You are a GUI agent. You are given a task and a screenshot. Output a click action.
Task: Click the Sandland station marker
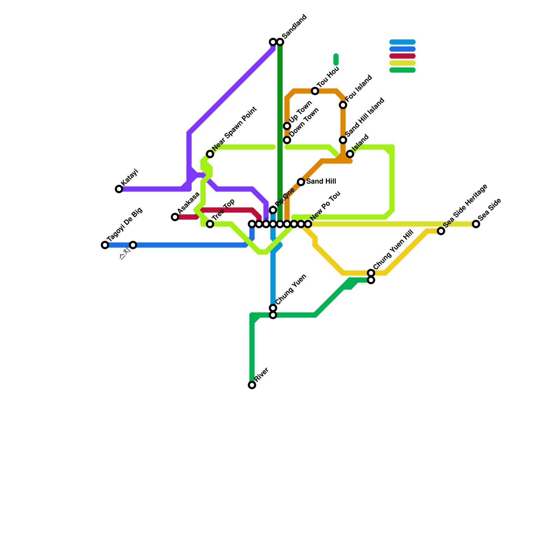point(280,42)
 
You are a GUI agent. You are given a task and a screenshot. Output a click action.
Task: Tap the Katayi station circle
point(119,189)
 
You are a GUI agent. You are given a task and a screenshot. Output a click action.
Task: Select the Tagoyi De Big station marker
point(105,245)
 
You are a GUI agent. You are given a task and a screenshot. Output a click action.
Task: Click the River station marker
point(252,385)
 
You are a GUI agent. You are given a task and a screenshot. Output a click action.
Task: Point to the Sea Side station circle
point(476,224)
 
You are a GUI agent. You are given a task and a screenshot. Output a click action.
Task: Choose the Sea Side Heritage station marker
point(441,231)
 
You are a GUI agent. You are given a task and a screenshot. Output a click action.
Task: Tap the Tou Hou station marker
point(315,91)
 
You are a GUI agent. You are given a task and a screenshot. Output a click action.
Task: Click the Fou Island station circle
point(343,105)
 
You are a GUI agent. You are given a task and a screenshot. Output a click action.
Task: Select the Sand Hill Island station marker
point(343,140)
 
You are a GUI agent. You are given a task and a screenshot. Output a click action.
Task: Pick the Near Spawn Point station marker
point(210,154)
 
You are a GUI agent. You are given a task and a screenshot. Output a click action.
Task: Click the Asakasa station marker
point(175,217)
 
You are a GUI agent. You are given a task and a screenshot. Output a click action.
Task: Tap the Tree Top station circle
point(210,224)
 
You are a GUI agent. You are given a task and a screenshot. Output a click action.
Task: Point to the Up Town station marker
point(287,126)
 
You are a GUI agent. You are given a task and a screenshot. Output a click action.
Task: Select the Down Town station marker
point(287,140)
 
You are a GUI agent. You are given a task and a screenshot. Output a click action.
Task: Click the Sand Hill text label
point(321,182)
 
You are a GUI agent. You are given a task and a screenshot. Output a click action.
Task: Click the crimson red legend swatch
point(402,56)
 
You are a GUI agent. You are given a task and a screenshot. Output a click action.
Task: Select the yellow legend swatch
point(402,63)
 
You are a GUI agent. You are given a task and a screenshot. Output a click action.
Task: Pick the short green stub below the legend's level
point(336,59)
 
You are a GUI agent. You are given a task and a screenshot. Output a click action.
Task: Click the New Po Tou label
point(325,206)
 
